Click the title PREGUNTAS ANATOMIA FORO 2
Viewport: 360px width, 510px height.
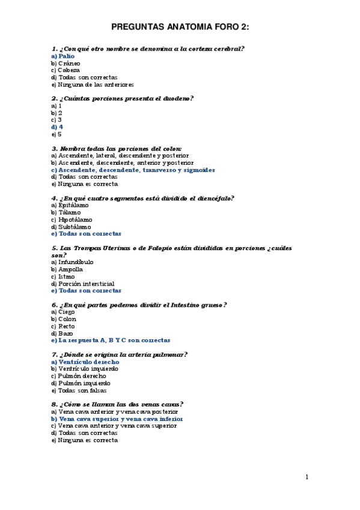point(180,27)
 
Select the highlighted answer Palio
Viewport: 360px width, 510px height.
point(63,56)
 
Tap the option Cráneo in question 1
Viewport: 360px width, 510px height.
point(66,63)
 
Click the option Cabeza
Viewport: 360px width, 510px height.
point(65,70)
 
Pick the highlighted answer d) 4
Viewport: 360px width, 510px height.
point(57,127)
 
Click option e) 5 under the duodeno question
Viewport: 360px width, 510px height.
point(57,134)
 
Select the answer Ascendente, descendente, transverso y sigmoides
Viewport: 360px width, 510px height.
point(133,170)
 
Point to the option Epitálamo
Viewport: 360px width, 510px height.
point(69,206)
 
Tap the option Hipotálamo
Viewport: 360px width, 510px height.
point(72,220)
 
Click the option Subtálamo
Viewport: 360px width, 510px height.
point(71,227)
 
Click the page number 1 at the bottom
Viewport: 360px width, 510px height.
point(307,478)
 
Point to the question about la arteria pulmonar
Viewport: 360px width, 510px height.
point(120,355)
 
